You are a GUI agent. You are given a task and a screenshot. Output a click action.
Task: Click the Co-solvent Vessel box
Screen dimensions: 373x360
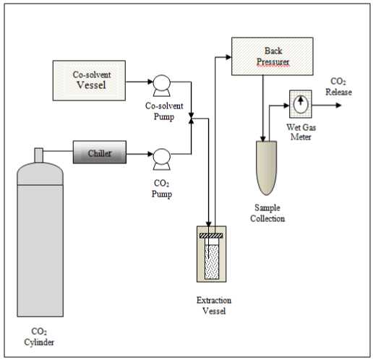[89, 80]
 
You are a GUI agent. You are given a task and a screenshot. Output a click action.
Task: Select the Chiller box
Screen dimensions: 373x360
[100, 152]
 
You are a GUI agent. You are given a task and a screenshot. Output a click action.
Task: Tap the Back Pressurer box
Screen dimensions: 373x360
[273, 56]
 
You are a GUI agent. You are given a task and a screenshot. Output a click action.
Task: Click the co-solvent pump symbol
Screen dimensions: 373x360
[162, 85]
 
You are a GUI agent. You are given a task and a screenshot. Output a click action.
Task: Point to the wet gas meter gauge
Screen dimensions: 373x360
[301, 104]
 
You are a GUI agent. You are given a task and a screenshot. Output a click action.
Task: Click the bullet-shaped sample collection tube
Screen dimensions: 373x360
[266, 168]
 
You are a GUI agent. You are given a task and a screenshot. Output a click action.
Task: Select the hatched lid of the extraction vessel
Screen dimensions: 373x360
[211, 236]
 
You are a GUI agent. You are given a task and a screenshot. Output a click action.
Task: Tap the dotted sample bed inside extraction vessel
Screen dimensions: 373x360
[212, 262]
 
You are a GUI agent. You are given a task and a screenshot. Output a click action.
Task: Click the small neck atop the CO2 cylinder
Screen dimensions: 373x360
[39, 155]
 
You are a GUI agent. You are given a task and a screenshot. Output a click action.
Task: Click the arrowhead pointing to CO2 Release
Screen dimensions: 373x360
[338, 106]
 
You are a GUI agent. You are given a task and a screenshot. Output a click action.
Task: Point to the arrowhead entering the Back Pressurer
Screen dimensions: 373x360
[228, 57]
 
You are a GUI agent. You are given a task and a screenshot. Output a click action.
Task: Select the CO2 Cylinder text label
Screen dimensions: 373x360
[39, 337]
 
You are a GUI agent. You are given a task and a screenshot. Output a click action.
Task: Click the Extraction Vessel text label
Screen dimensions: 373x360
[214, 306]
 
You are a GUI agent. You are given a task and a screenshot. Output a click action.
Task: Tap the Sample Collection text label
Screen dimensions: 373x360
[267, 213]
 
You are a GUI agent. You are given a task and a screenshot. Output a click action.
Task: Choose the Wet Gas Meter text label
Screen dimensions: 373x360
[301, 132]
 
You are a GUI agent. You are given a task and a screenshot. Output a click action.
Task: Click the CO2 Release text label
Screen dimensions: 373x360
[338, 87]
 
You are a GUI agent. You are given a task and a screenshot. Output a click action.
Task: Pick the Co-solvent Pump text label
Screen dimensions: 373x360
[164, 111]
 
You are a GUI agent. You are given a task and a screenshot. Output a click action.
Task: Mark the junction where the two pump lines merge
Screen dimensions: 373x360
[192, 119]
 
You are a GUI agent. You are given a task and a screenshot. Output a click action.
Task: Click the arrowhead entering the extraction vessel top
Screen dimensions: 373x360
[209, 223]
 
